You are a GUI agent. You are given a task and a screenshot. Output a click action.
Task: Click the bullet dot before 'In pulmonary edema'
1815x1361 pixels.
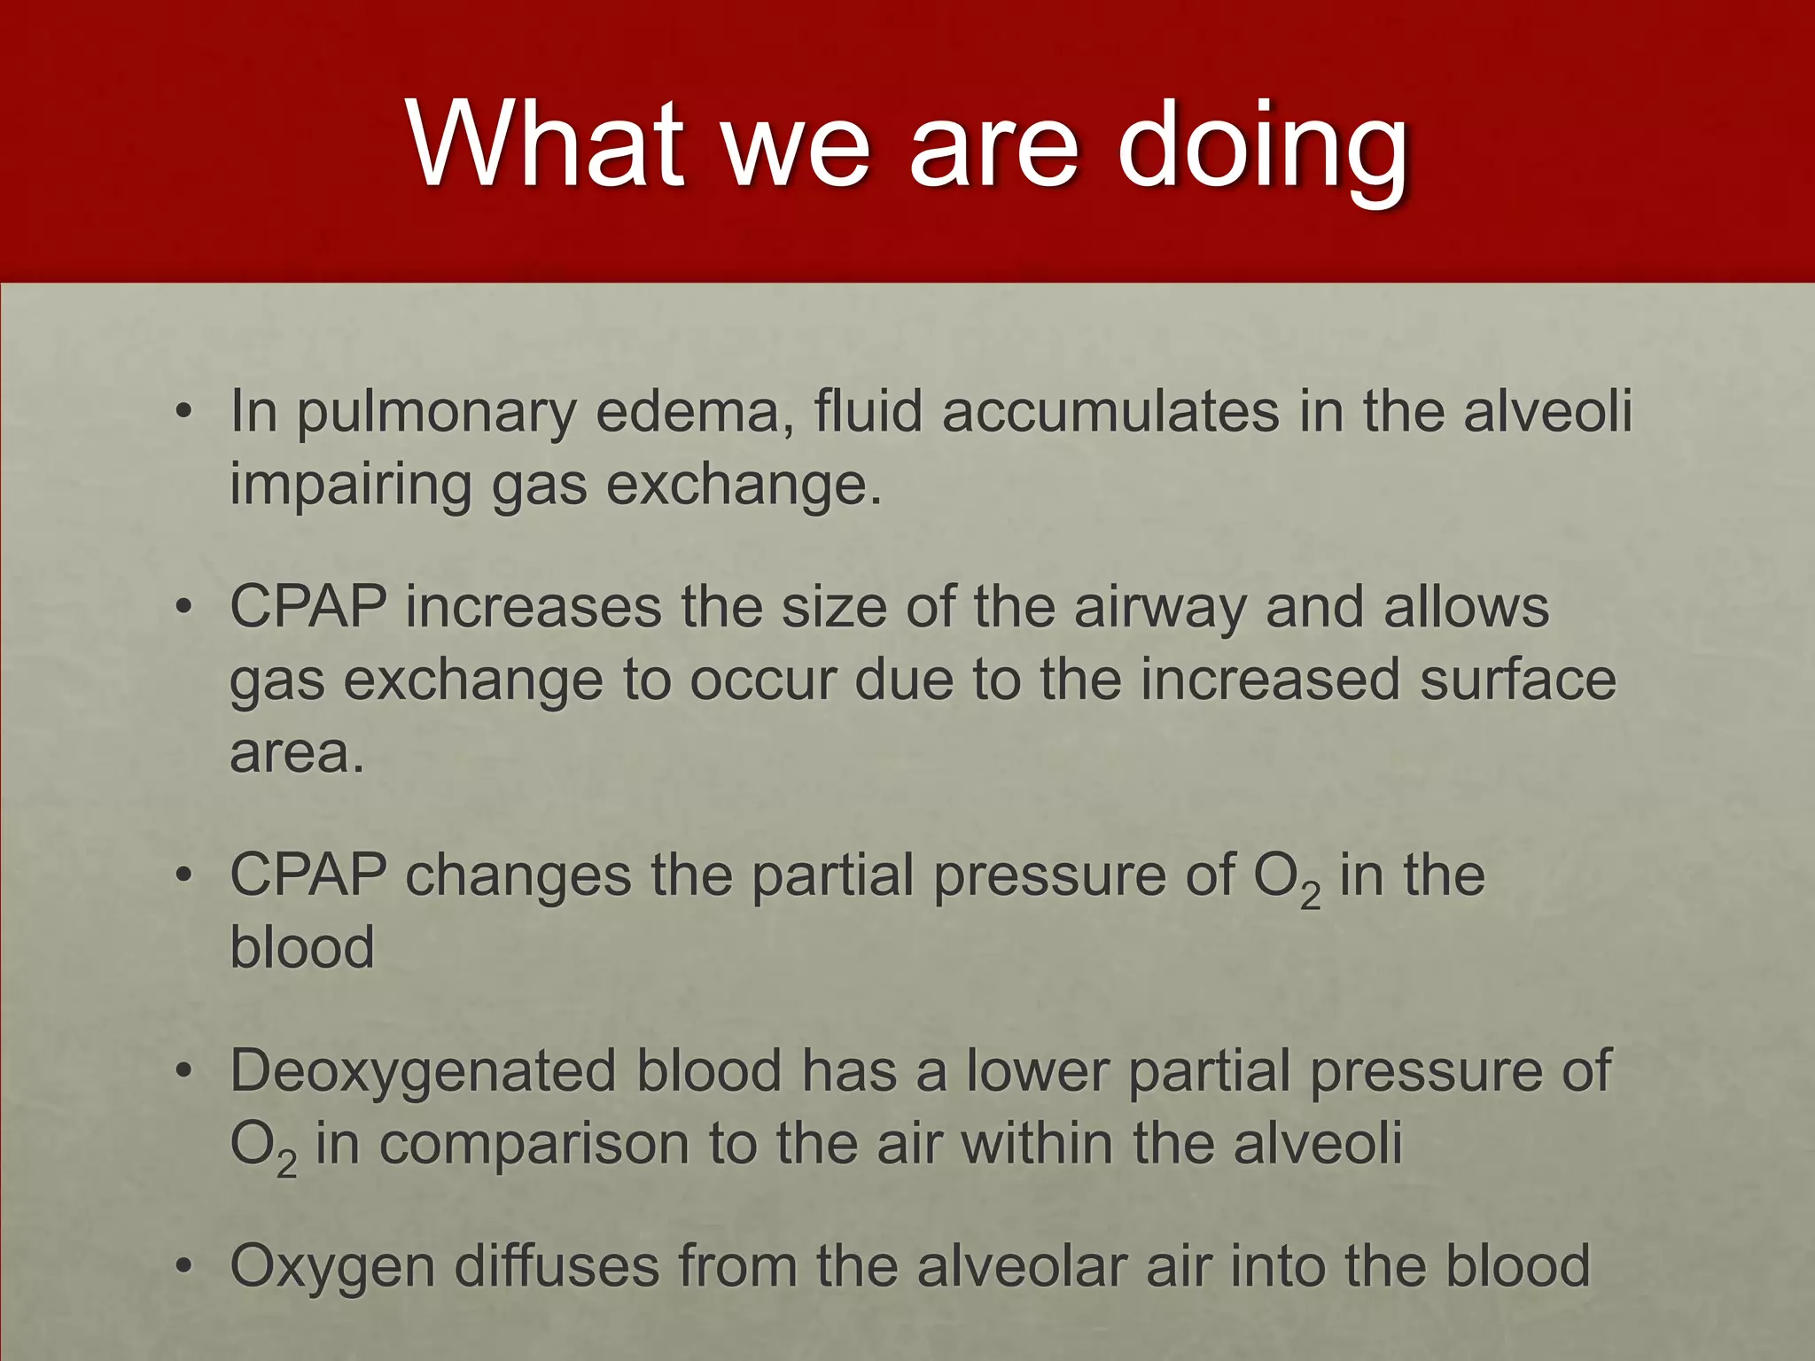pos(183,413)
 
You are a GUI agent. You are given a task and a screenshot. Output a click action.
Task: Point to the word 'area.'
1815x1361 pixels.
pos(297,753)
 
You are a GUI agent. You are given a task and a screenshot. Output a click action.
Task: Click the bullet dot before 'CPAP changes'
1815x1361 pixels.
pos(183,875)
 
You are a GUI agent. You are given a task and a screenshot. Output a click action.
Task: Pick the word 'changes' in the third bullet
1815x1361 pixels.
pos(518,875)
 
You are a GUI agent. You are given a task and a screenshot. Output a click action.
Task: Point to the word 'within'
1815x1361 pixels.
pos(1037,1143)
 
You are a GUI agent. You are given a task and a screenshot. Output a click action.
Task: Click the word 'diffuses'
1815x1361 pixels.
pos(557,1265)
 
